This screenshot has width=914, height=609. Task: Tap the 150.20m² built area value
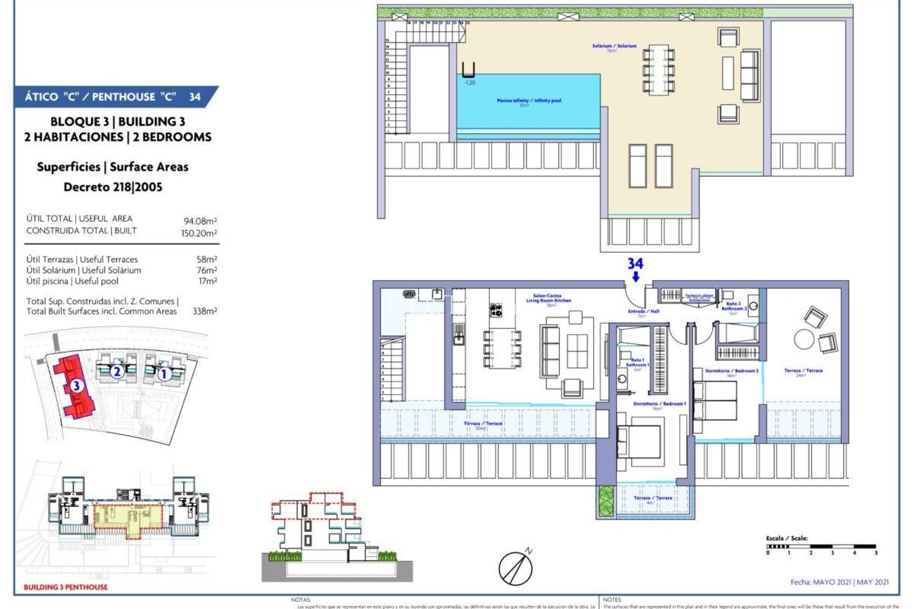tap(199, 233)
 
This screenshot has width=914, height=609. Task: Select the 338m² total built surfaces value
tap(205, 311)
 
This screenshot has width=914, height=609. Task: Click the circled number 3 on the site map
tap(77, 385)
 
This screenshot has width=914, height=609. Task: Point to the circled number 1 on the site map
tap(164, 374)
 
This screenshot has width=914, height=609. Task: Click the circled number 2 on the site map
tap(117, 371)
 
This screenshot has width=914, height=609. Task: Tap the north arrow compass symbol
tap(516, 568)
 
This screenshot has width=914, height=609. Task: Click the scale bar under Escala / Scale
tap(821, 547)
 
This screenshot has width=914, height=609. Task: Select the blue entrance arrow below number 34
tap(636, 277)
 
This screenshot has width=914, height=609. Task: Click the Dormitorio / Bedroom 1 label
tap(659, 404)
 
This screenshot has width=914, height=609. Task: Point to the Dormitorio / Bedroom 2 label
tap(732, 371)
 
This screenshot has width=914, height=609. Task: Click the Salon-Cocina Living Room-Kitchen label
tap(548, 298)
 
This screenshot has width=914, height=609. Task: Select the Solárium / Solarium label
tap(614, 46)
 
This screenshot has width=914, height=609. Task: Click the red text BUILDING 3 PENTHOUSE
tap(66, 587)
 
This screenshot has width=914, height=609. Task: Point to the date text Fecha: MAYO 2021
tap(839, 582)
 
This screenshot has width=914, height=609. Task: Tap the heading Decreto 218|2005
tap(113, 187)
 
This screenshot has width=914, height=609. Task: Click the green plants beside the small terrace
tap(606, 501)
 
